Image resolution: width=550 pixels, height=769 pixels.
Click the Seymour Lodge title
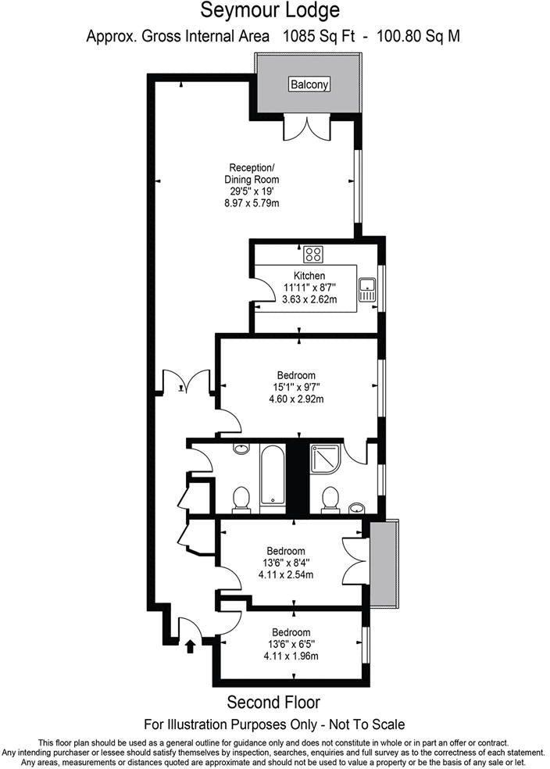pos(270,11)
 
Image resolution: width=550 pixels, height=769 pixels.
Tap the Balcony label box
pos(309,84)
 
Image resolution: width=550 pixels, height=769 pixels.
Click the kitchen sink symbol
pos(366,291)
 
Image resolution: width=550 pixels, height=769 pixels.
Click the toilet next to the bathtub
pos(241,498)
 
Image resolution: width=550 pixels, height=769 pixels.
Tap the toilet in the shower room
pos(330,498)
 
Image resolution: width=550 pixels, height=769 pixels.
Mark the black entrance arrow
pos(190,645)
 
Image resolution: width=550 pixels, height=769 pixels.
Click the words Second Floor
pos(273,702)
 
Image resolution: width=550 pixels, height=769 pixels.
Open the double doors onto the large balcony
pos(309,127)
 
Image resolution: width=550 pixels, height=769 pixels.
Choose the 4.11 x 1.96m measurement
pos(291,656)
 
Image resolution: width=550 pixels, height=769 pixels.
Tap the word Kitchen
pos(309,276)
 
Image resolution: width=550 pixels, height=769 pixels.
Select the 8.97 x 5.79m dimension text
pos(252,202)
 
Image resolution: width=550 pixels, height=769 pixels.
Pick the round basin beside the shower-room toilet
pos(355,506)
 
